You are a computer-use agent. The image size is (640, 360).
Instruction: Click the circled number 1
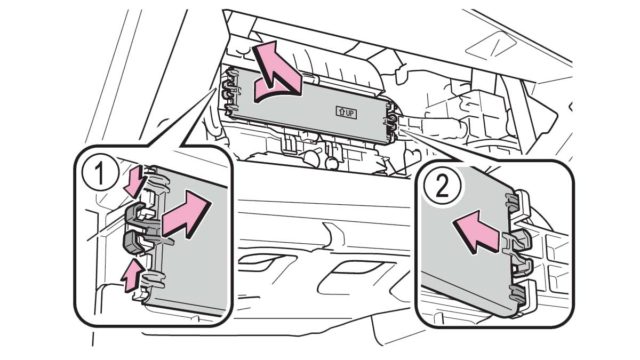click(99, 174)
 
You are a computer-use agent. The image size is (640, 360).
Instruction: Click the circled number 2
click(442, 187)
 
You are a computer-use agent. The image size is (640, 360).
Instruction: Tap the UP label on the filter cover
click(347, 113)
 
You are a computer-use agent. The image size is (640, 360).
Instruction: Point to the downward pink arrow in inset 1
click(135, 180)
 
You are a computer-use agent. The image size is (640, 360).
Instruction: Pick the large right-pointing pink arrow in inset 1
click(186, 214)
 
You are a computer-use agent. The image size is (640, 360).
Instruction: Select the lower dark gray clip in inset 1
click(134, 242)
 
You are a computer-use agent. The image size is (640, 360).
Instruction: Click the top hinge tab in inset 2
click(518, 201)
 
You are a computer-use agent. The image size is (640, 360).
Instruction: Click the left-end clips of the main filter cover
click(230, 92)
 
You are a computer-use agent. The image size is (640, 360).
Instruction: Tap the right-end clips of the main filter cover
click(391, 121)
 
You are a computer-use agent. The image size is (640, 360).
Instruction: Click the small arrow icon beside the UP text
click(340, 112)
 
